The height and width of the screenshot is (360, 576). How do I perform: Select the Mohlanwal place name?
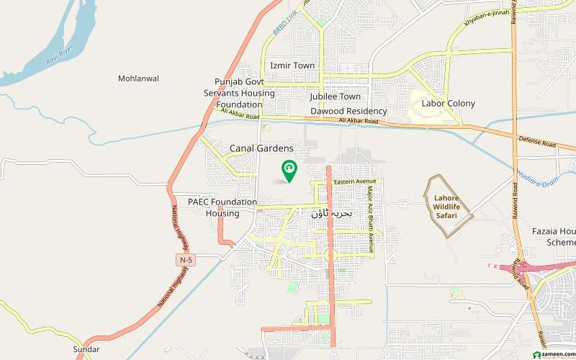tap(139, 78)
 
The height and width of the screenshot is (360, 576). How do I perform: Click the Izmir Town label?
tap(292, 66)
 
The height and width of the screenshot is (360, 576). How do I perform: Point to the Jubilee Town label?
tap(335, 96)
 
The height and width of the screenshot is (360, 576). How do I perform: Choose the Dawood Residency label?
tap(348, 112)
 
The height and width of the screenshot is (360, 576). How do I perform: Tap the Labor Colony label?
tap(448, 104)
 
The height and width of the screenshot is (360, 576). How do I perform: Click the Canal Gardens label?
tap(261, 148)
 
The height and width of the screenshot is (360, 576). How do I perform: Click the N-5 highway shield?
tap(186, 259)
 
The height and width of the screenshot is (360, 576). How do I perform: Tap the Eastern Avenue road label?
tap(356, 181)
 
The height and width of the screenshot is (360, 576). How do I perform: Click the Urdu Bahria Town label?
tap(332, 214)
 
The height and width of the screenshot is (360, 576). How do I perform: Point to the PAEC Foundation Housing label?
tap(222, 208)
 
